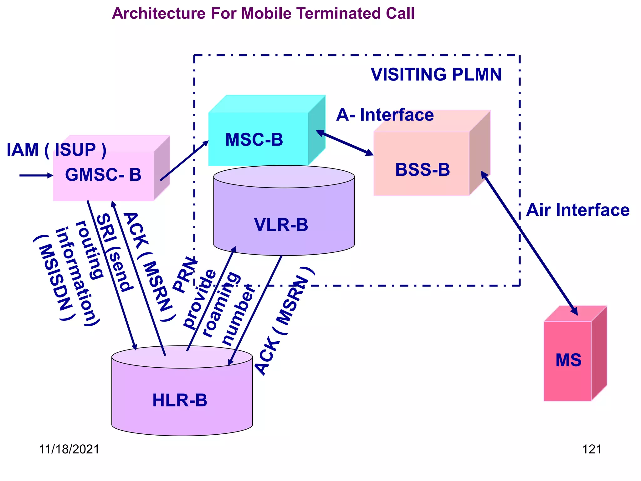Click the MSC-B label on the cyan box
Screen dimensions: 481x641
click(254, 140)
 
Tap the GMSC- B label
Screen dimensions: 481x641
click(103, 175)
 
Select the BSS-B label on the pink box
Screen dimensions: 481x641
click(422, 170)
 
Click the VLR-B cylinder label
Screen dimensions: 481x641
click(281, 225)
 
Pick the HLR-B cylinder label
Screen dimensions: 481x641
click(180, 400)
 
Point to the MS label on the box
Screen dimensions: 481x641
click(568, 360)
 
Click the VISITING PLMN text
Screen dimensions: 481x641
click(436, 75)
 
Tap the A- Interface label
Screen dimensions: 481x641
click(385, 115)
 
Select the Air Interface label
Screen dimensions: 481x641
click(577, 210)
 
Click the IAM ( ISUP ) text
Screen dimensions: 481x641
click(56, 150)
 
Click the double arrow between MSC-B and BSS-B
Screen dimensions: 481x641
click(345, 143)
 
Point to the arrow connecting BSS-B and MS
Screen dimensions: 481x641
click(529, 243)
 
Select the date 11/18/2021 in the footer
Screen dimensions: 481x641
click(69, 449)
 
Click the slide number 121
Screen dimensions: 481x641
click(592, 449)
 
